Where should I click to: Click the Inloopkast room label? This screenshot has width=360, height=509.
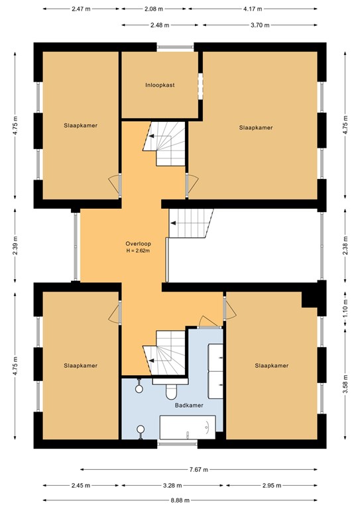coord(160,85)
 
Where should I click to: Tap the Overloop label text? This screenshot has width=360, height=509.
coord(139,244)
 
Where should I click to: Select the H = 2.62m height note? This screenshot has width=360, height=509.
coord(138,251)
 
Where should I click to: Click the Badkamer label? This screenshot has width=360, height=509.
coord(189,405)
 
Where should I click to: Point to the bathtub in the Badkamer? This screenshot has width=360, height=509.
coord(188,427)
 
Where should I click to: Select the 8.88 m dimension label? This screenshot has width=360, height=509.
coord(180,500)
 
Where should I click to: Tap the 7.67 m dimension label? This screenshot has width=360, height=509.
coord(199,469)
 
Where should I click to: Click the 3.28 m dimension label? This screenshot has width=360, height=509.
coord(172,486)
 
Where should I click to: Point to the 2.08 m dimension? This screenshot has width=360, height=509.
coord(154,9)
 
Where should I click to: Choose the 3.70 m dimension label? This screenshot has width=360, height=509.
coord(260,25)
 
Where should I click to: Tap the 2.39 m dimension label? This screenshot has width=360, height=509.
coord(16,245)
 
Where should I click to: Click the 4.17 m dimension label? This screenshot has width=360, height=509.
coord(253,9)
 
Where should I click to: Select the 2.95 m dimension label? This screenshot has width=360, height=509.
coord(272,486)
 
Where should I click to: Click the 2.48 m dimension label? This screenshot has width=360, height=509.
coord(160,25)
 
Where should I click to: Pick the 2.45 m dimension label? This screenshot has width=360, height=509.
coord(81,486)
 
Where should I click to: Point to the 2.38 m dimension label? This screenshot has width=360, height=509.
coord(346,245)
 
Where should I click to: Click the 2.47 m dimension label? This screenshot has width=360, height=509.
coord(81,9)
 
